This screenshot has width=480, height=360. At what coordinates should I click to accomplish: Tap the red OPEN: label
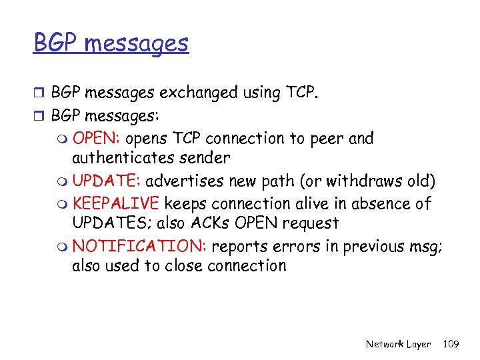click(x=96, y=139)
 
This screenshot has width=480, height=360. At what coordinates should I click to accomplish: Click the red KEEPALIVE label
click(x=116, y=203)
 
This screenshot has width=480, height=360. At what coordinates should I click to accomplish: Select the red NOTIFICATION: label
click(x=139, y=245)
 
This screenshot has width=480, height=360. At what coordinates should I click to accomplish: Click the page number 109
click(x=451, y=344)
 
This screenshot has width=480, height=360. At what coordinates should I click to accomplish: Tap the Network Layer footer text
click(x=398, y=344)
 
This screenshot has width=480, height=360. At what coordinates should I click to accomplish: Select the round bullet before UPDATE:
click(x=63, y=182)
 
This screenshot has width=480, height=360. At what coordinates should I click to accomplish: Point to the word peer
click(x=323, y=139)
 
